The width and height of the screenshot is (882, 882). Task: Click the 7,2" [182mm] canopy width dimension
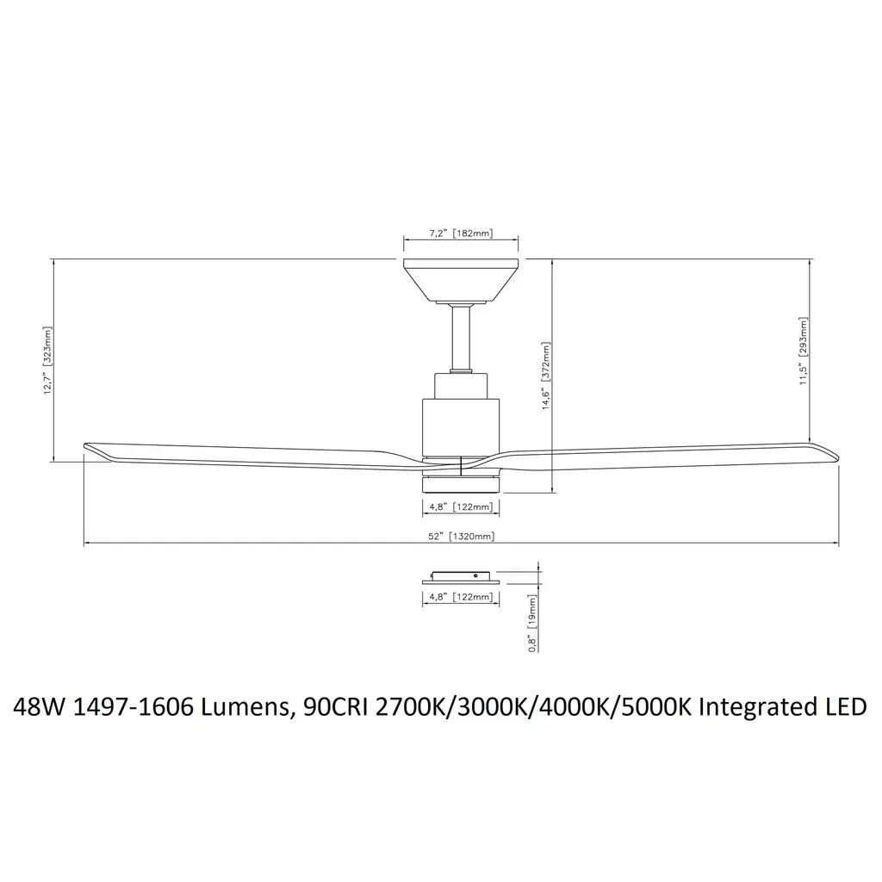pyautogui.click(x=461, y=233)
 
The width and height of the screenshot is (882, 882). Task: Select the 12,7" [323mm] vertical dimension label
pyautogui.click(x=48, y=360)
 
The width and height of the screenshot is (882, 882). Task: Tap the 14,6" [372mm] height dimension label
pyautogui.click(x=546, y=376)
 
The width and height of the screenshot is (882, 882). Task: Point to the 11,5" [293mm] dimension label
pyautogui.click(x=804, y=351)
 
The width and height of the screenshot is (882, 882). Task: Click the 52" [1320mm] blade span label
pyautogui.click(x=462, y=536)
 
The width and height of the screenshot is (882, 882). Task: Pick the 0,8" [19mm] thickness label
pyautogui.click(x=532, y=624)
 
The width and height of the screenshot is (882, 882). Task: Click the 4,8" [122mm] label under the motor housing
pyautogui.click(x=461, y=506)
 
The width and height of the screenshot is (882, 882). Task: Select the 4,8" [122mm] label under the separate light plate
pyautogui.click(x=461, y=597)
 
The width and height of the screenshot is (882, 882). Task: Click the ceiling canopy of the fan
pyautogui.click(x=462, y=280)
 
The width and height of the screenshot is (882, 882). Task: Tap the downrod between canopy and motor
pyautogui.click(x=462, y=338)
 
